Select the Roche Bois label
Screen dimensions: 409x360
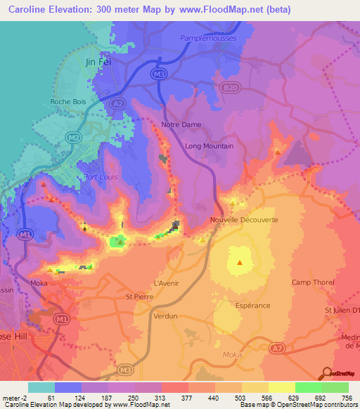(68, 102)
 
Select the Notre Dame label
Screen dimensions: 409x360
(181, 124)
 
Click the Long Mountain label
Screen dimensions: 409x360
(209, 146)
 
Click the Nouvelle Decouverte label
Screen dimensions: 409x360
(244, 220)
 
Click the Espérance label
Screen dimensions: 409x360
(252, 306)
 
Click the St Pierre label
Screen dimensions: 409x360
(139, 297)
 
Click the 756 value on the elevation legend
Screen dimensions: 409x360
(347, 398)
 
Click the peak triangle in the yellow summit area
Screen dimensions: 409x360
(240, 263)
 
